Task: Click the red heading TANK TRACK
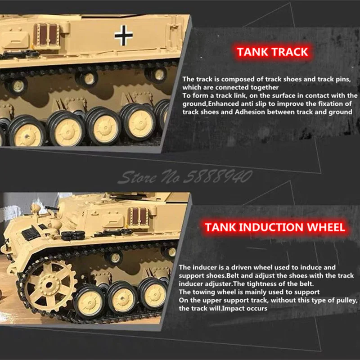point(272,52)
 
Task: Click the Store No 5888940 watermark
point(184,177)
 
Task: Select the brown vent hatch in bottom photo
point(138,217)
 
